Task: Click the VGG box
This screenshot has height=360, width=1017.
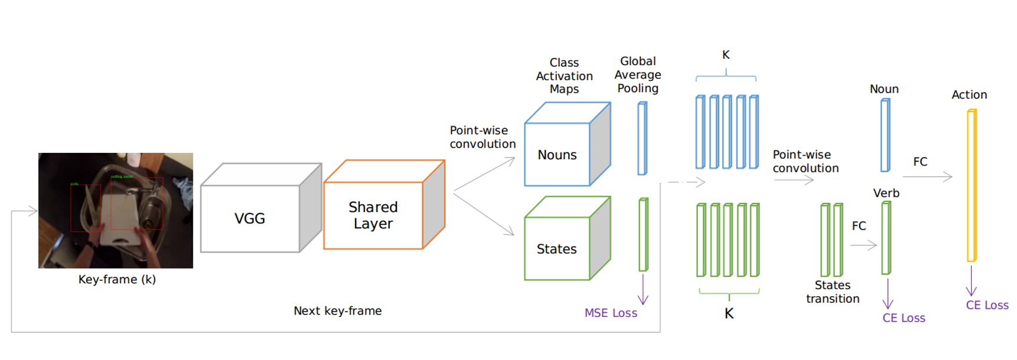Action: [x=250, y=218]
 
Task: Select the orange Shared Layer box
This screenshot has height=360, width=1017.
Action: [x=373, y=215]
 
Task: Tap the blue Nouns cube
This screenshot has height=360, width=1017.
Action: [x=557, y=155]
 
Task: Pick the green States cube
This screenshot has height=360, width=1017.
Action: [x=557, y=248]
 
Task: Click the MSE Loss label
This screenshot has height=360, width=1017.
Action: [x=611, y=313]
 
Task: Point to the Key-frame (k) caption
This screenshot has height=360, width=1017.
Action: [x=117, y=279]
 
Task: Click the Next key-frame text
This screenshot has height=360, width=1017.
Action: [x=337, y=311]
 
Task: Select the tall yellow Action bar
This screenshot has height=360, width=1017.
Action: [x=972, y=186]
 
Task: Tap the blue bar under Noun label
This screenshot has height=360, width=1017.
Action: [x=885, y=136]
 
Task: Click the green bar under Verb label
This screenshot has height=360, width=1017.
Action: [x=885, y=238]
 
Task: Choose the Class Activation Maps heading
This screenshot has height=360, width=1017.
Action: [x=564, y=76]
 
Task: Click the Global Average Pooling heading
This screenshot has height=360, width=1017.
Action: [x=638, y=74]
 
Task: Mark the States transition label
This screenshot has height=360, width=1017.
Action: [x=832, y=292]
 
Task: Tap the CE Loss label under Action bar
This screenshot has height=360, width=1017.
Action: [x=987, y=305]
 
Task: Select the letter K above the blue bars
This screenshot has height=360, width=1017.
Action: [x=726, y=55]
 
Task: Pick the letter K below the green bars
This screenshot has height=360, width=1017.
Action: [x=729, y=313]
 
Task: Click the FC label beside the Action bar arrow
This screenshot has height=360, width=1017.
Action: [x=920, y=162]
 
